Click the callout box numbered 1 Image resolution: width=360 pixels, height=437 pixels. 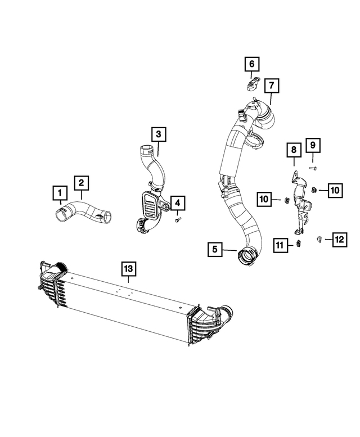click(x=57, y=194)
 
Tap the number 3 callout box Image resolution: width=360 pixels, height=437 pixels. click(x=158, y=134)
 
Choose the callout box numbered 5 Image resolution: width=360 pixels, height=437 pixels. click(x=214, y=248)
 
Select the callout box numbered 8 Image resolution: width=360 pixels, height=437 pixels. click(x=293, y=150)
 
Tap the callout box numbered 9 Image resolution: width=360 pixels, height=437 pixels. click(x=313, y=146)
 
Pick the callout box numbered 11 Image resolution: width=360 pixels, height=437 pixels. click(x=280, y=244)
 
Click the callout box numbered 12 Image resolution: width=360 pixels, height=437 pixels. click(x=339, y=240)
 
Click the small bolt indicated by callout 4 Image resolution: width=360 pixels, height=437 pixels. click(x=178, y=220)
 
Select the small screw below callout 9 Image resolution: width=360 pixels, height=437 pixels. click(x=313, y=168)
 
